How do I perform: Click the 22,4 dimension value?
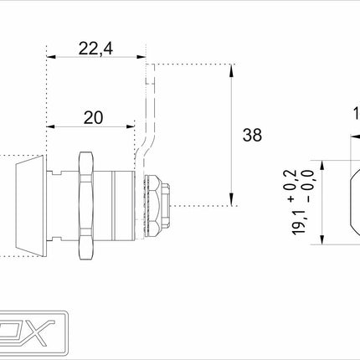click(97, 49)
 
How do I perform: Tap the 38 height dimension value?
click(250, 133)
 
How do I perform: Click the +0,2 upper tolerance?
click(290, 183)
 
